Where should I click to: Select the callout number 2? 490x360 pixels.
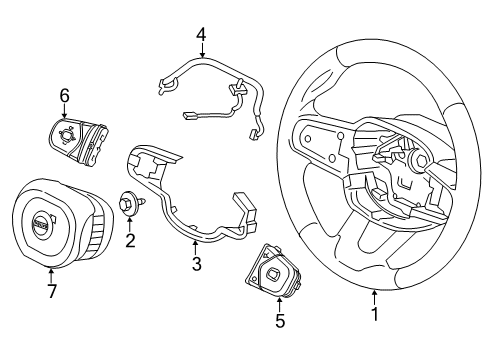coord(130,241)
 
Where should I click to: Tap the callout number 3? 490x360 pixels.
coord(197,265)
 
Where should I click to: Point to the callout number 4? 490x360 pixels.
coord(201,36)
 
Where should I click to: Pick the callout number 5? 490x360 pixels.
coord(280,322)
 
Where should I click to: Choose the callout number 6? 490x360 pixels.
coord(64,95)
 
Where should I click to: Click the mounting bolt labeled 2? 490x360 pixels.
coord(130,203)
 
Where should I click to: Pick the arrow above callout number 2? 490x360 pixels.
coord(130,222)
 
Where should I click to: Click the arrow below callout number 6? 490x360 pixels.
coord(64,112)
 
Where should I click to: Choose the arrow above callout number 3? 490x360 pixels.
coord(197,246)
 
